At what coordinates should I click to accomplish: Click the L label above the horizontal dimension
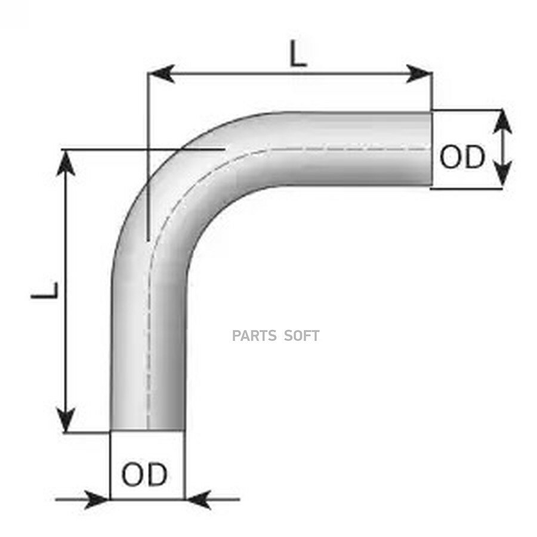coord(298,54)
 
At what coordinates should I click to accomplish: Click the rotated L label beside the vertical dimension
coord(45,291)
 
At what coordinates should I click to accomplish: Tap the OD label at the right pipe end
coord(462,157)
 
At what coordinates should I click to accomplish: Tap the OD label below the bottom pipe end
coord(144,474)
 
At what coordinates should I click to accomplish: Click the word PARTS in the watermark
coord(254,335)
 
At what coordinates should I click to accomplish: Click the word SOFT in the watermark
coord(302,335)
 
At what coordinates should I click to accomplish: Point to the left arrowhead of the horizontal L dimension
coord(162,73)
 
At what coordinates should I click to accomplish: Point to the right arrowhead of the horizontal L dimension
coord(418,73)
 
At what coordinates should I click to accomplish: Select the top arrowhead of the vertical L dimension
coord(66,163)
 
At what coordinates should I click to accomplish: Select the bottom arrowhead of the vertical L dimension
coord(66,419)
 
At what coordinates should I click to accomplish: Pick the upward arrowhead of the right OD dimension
coord(502,122)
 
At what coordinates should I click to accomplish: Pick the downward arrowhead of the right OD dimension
coord(502,175)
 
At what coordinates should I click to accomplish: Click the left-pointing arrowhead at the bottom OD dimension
coord(198,499)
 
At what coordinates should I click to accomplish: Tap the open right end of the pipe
coord(431,149)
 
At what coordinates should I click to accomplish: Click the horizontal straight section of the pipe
coord(356,149)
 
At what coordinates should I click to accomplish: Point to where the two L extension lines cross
coord(147,149)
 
